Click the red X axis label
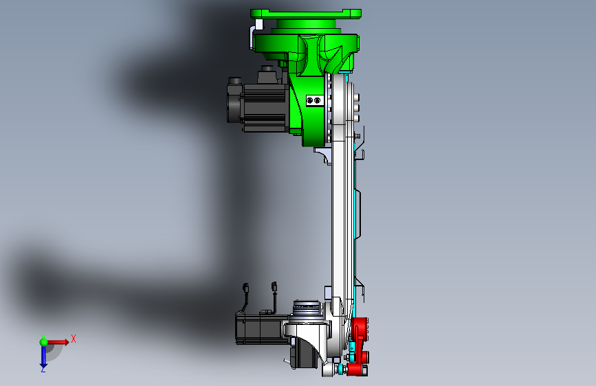coord(74,339)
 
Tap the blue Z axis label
coord(43,369)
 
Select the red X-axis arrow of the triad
coord(57,342)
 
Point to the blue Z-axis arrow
coord(43,356)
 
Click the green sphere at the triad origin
coord(43,342)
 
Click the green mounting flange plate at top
coord(306,14)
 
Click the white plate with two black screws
coord(314,101)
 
